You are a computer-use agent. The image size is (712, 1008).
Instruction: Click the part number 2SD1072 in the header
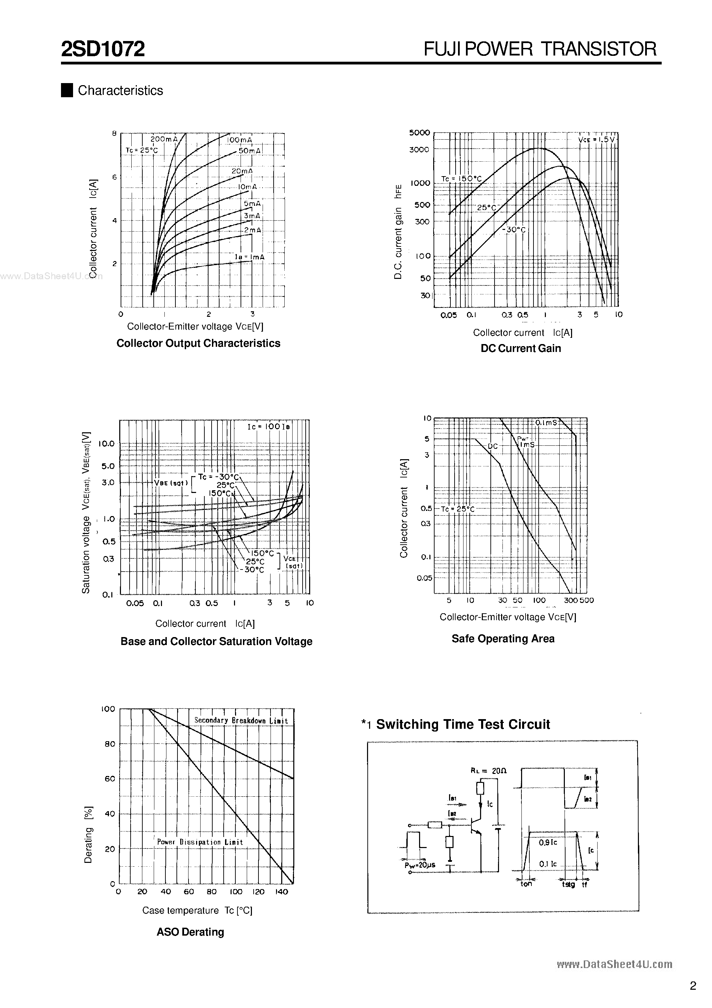103,49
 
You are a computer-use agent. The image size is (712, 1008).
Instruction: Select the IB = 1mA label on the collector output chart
249,257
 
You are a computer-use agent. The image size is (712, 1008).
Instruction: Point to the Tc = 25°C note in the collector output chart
141,150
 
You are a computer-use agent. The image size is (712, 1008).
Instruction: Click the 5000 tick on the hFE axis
419,133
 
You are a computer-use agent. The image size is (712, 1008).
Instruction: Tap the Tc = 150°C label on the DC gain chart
461,179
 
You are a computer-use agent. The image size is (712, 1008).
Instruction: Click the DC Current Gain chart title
521,349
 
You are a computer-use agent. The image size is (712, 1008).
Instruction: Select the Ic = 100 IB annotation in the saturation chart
269,426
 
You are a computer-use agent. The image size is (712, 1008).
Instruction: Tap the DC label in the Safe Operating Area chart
492,446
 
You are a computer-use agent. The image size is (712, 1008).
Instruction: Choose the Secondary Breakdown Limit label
241,721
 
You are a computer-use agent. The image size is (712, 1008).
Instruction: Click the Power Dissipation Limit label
200,842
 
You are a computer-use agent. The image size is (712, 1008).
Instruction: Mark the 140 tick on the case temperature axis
281,892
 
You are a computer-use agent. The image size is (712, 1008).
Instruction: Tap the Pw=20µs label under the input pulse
420,865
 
